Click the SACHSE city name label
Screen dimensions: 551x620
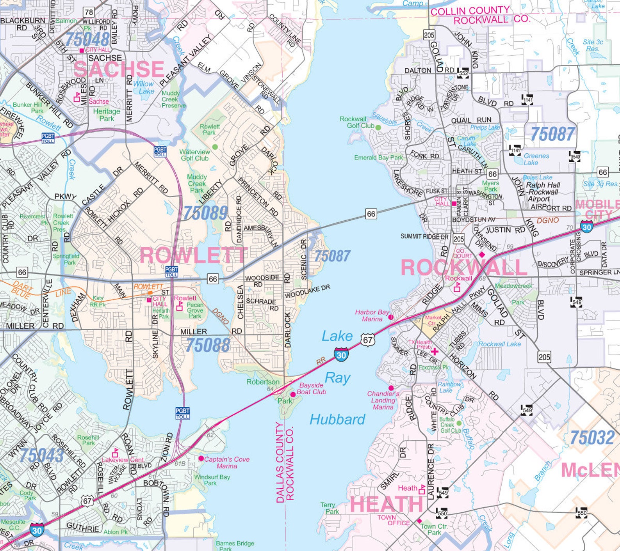(x=119, y=69)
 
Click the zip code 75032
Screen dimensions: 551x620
(x=592, y=438)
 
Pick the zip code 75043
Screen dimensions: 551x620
(x=41, y=455)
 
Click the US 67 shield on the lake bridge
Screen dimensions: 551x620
(x=367, y=340)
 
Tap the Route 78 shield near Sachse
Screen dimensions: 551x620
(x=89, y=12)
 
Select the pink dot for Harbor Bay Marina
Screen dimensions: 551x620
(x=391, y=317)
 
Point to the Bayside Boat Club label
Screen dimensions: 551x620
(x=311, y=388)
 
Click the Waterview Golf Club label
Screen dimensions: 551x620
(x=194, y=155)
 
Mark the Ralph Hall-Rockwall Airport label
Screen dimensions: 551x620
(x=543, y=192)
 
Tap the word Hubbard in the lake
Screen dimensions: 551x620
(x=337, y=420)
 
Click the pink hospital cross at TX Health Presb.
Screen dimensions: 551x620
(x=434, y=351)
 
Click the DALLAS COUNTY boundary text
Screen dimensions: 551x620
(x=280, y=462)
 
